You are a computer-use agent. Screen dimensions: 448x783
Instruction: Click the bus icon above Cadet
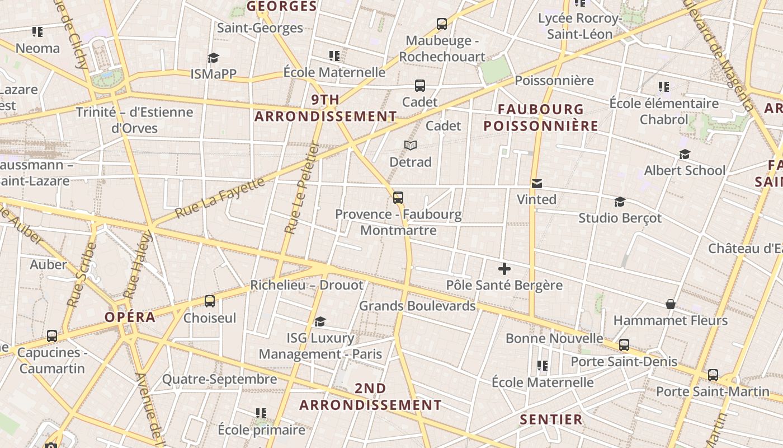coord(420,86)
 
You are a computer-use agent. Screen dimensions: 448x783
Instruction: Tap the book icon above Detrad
coord(411,146)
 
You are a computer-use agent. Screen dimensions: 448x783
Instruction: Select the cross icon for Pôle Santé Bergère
coord(504,269)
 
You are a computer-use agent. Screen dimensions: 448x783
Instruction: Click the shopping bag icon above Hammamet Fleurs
coord(671,304)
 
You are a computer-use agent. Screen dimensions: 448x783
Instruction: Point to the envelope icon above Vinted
coord(537,183)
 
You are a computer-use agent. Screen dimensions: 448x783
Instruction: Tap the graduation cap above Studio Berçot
coord(620,202)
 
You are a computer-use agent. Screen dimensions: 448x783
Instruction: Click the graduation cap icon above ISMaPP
coord(213,58)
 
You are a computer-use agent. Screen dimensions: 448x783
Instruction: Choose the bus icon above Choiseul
coord(210,301)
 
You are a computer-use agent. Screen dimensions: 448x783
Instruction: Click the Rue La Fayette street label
coord(219,198)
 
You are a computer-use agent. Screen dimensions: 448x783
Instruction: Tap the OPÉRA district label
coord(130,317)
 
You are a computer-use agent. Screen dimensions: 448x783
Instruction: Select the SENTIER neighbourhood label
coord(551,419)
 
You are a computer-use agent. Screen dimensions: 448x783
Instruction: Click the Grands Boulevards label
coord(417,306)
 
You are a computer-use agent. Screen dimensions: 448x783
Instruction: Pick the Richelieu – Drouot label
coord(306,285)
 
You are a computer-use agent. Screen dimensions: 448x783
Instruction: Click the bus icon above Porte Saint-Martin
coord(713,375)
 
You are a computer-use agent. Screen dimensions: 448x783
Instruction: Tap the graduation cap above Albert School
coord(685,154)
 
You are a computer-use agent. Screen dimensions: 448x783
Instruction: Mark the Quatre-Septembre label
coord(219,380)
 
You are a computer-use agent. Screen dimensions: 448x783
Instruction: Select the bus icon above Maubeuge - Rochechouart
coord(442,24)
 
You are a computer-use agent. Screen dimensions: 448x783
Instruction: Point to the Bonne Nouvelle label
coord(554,338)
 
